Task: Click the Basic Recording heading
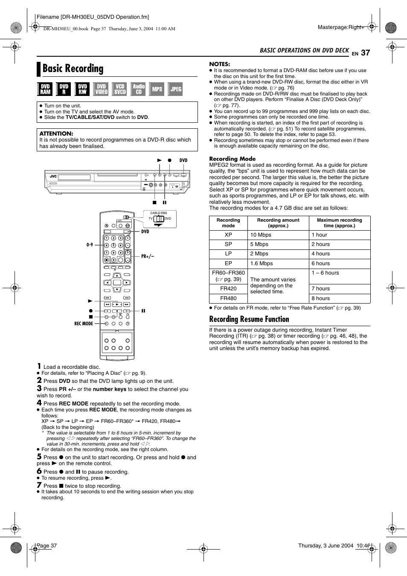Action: [x=73, y=69]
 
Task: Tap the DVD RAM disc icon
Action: [x=45, y=89]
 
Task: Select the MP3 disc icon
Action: [x=157, y=89]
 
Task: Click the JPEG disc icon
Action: [x=176, y=89]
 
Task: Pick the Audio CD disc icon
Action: [x=139, y=89]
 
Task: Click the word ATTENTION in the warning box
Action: [x=56, y=133]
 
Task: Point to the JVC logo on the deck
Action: [x=53, y=176]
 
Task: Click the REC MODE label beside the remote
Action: [x=84, y=324]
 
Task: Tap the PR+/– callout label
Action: [x=148, y=256]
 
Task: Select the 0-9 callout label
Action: [x=90, y=245]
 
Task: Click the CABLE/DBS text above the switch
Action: [x=159, y=213]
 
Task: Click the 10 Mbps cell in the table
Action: [x=261, y=235]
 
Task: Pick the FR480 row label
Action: [x=228, y=298]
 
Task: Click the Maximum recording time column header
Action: [x=339, y=223]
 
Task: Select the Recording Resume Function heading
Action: [x=249, y=319]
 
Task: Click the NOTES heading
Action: [x=219, y=64]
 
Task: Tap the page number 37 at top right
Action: [x=365, y=53]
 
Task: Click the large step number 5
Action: [x=39, y=457]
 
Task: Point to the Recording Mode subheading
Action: [x=232, y=159]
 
